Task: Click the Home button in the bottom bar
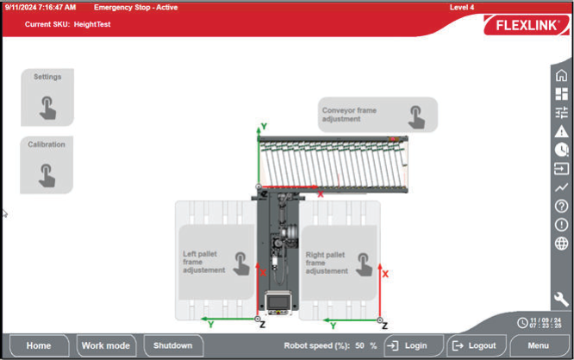point(39,345)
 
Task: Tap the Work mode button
point(106,345)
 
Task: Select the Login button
point(414,345)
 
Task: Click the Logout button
point(477,345)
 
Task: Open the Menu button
point(539,345)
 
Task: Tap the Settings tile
point(47,97)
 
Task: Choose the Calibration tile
point(47,164)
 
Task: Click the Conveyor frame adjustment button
point(377,115)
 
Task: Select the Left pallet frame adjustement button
point(216,262)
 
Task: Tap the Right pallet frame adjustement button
point(339,263)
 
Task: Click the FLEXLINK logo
point(527,25)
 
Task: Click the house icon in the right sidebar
point(561,76)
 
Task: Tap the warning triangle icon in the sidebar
point(561,131)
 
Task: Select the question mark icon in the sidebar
point(561,206)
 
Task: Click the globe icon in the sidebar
point(561,243)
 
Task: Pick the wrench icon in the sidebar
point(561,299)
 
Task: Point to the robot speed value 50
point(359,345)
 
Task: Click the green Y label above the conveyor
point(264,127)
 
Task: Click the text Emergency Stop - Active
point(136,7)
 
